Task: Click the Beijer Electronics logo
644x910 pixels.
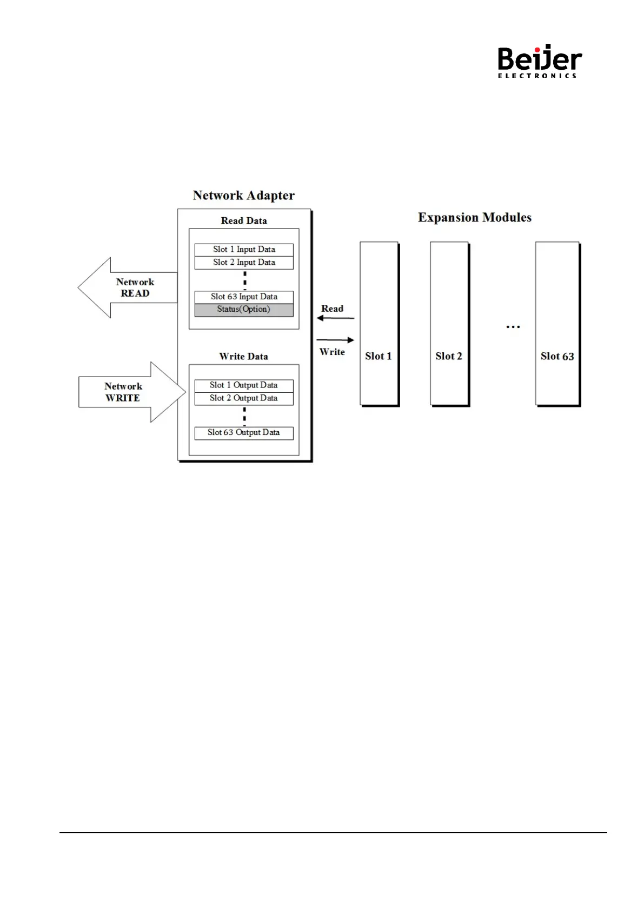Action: pyautogui.click(x=539, y=61)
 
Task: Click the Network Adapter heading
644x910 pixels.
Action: pyautogui.click(x=243, y=196)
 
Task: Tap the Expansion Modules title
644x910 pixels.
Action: pyautogui.click(x=474, y=217)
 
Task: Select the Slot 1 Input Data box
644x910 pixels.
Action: pyautogui.click(x=244, y=250)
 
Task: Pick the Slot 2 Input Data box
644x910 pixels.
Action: pyautogui.click(x=244, y=263)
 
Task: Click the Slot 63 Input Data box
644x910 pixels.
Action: pyautogui.click(x=244, y=297)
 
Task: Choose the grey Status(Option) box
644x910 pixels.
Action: pyautogui.click(x=244, y=310)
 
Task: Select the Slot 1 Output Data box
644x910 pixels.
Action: pyautogui.click(x=244, y=385)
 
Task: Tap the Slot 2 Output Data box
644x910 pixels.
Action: pyautogui.click(x=244, y=398)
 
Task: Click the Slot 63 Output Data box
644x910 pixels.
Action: pyautogui.click(x=244, y=433)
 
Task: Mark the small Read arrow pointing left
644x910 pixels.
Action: pyautogui.click(x=335, y=318)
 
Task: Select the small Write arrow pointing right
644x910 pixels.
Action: pyautogui.click(x=335, y=340)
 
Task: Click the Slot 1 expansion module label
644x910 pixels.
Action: pyautogui.click(x=378, y=356)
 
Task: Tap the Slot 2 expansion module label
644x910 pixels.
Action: pyautogui.click(x=448, y=356)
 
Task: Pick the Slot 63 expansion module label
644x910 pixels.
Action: pyautogui.click(x=557, y=356)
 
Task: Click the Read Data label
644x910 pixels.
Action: pyautogui.click(x=244, y=220)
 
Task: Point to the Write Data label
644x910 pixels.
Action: pyautogui.click(x=243, y=356)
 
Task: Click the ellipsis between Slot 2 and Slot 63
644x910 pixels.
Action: pyautogui.click(x=513, y=327)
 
